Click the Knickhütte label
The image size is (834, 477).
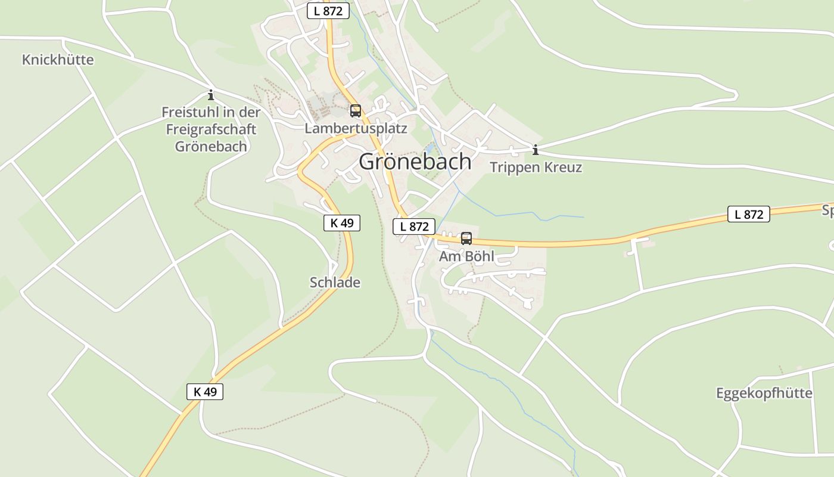58,60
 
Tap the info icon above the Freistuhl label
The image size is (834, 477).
210,95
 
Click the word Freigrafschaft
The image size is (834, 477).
211,129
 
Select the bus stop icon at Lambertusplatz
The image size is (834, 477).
356,110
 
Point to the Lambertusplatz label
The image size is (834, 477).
356,128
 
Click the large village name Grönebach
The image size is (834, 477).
415,162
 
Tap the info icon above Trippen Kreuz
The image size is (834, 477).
536,150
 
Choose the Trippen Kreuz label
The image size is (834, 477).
536,168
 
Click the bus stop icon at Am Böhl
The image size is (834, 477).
466,238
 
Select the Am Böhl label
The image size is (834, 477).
466,257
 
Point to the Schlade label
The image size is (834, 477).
335,283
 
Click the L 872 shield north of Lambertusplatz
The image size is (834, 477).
328,11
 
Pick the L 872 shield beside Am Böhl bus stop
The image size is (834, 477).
414,227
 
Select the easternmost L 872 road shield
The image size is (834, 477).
748,214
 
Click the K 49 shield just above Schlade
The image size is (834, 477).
342,223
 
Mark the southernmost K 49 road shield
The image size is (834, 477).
205,392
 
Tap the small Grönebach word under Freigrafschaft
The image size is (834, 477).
211,146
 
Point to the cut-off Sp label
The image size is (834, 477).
827,210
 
